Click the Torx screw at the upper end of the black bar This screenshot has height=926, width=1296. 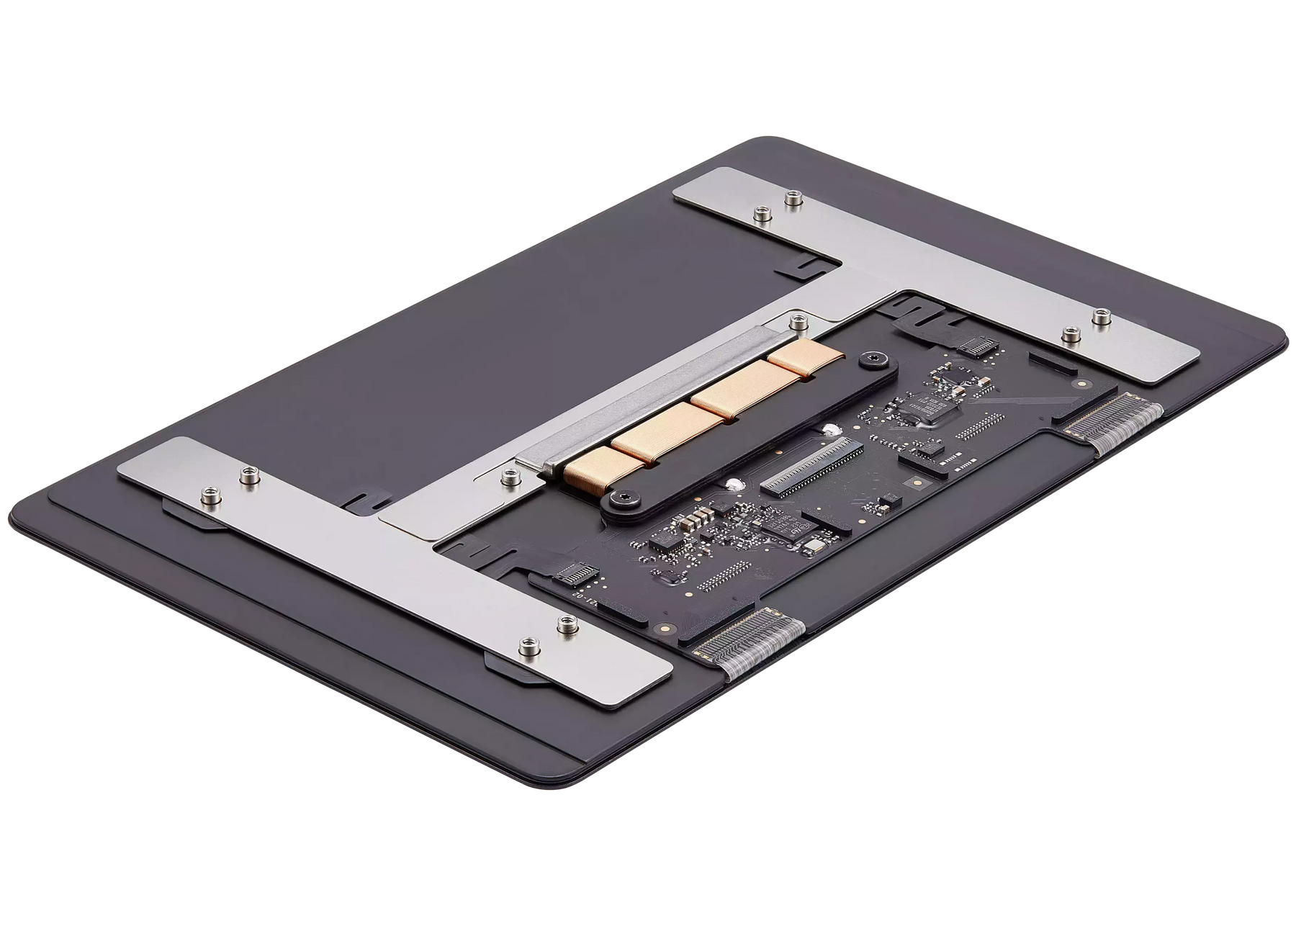(873, 357)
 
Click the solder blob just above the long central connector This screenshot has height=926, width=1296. (829, 432)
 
